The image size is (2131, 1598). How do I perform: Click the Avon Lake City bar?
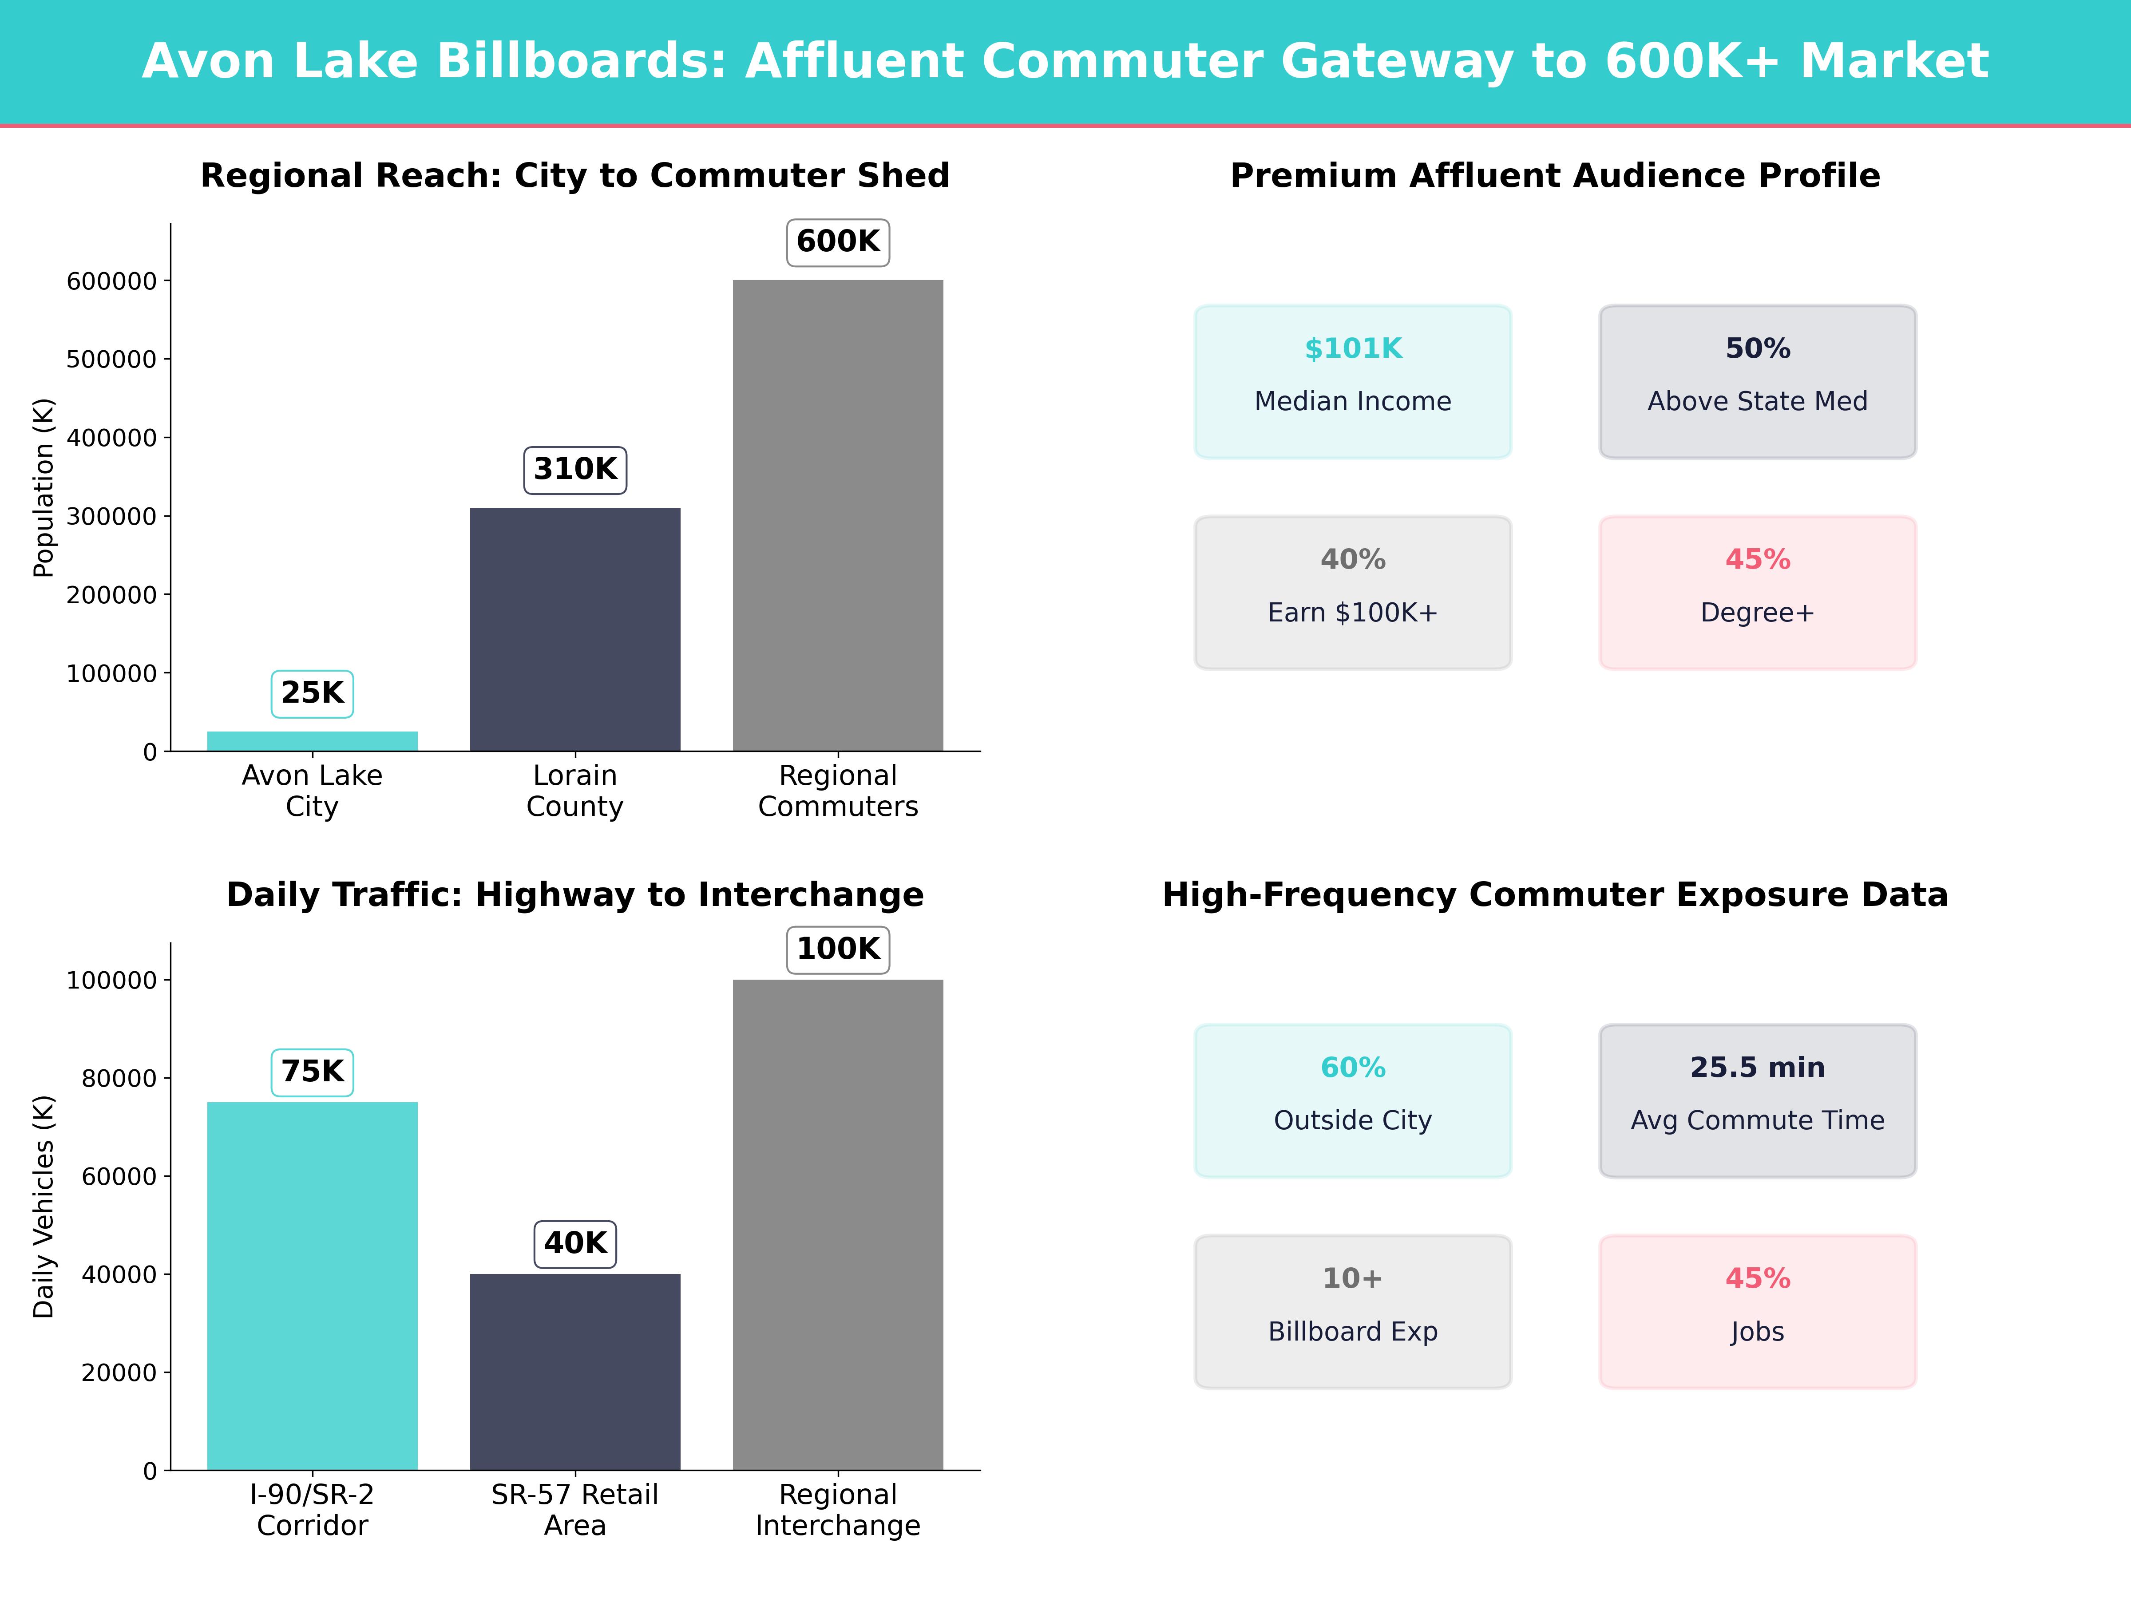312,741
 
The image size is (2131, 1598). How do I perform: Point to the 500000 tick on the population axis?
111,359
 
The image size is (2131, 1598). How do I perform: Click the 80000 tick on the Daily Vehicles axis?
119,1078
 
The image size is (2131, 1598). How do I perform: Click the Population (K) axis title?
44,487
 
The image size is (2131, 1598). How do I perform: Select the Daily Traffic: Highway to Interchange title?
575,895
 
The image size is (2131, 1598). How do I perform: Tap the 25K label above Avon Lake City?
312,692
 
